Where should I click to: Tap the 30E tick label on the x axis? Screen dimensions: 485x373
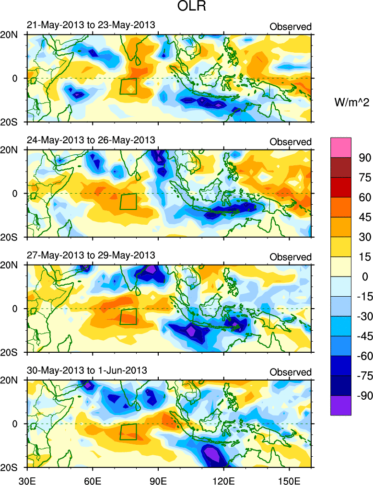[27, 478]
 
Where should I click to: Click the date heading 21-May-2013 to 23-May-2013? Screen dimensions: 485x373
[91, 25]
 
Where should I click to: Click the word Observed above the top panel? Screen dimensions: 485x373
[291, 27]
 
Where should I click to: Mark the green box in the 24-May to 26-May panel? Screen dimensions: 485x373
[128, 201]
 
